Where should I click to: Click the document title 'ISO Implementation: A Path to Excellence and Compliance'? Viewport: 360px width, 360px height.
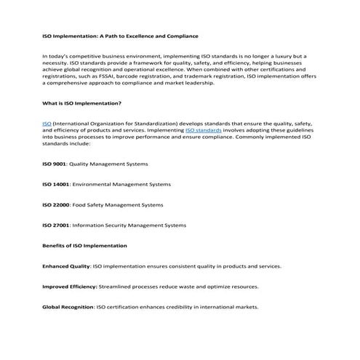click(x=120, y=36)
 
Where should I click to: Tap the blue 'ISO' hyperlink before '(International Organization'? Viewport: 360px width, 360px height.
click(x=47, y=124)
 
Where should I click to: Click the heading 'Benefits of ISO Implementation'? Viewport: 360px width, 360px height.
click(x=84, y=246)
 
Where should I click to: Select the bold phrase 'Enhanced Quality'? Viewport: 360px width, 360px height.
click(x=66, y=266)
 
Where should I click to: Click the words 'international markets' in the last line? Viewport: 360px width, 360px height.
click(x=232, y=307)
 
